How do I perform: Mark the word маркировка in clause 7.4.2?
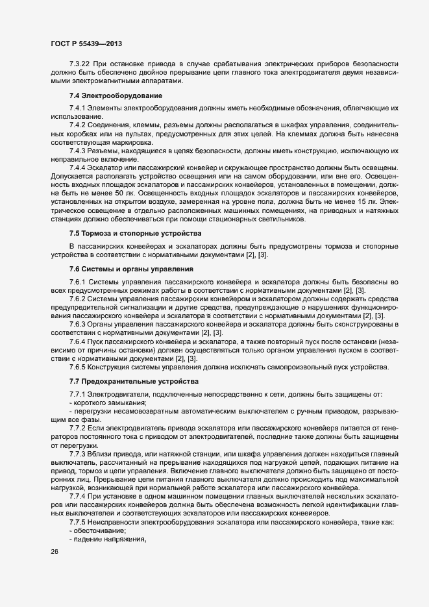coord(130,142)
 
